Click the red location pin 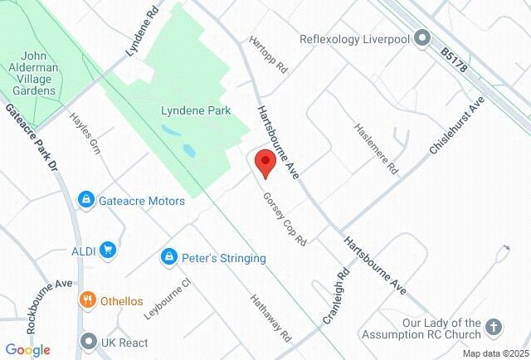coord(265,163)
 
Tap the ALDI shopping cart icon coord(107,249)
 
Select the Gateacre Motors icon coord(85,200)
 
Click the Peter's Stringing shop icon coord(169,258)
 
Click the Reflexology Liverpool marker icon coord(422,38)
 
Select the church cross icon coord(494,328)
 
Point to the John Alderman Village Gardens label coord(33,74)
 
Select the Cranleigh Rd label coord(344,290)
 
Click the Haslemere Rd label coord(378,148)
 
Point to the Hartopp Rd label coord(269,54)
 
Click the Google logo coord(27,350)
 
